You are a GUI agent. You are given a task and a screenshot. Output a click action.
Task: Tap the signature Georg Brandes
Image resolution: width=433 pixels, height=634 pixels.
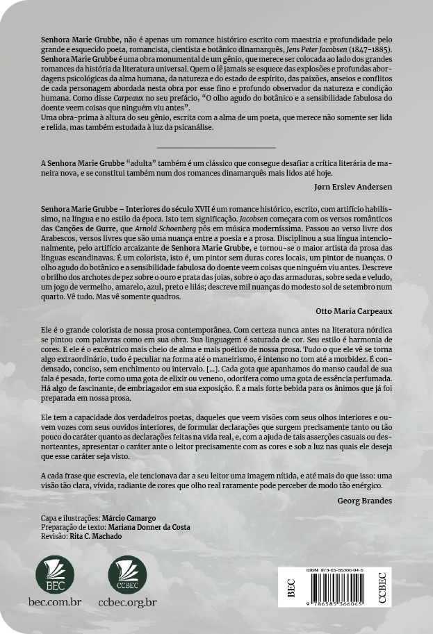364,501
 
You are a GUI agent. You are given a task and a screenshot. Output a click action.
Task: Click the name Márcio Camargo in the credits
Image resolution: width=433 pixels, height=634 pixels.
129,518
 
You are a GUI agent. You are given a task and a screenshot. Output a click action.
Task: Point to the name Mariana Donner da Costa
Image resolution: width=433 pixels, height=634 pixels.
149,527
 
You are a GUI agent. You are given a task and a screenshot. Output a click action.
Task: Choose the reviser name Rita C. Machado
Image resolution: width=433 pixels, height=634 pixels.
96,536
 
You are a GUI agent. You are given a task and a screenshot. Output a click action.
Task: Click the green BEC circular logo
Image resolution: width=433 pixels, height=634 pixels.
55,574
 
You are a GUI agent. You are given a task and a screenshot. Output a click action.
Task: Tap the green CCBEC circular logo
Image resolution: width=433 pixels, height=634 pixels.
127,574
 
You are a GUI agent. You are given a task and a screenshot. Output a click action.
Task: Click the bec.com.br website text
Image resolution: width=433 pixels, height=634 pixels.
55,602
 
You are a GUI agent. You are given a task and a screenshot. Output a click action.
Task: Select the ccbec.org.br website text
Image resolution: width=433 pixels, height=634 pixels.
127,602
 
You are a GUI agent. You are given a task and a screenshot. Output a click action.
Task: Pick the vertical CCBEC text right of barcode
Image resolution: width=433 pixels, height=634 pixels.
382,587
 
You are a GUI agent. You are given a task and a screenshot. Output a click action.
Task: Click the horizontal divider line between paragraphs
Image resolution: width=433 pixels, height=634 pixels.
216,147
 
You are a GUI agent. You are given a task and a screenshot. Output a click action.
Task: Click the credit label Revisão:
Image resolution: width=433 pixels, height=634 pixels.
54,536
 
